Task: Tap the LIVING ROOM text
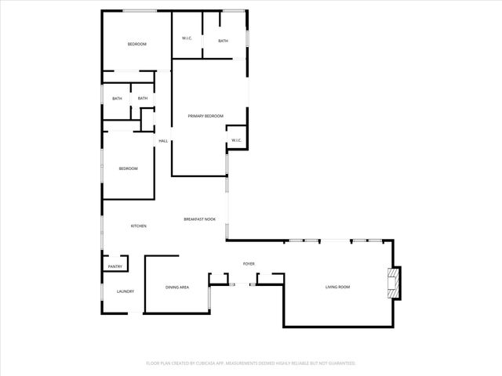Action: (337, 287)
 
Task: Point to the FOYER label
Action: (249, 263)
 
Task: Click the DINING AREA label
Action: (176, 287)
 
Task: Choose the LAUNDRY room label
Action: (125, 291)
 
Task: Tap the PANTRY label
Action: (115, 267)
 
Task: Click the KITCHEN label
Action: (138, 226)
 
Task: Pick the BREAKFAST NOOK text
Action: (199, 219)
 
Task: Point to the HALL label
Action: (163, 141)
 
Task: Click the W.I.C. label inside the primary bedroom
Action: (236, 141)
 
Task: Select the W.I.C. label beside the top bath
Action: (187, 38)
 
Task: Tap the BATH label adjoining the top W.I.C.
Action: (223, 41)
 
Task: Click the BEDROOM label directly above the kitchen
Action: (128, 169)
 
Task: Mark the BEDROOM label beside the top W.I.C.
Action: (137, 44)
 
